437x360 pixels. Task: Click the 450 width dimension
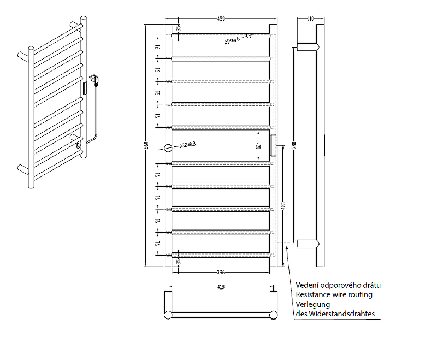221,19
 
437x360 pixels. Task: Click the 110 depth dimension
310,19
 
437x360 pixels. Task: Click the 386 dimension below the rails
221,271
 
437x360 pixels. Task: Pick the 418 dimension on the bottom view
221,287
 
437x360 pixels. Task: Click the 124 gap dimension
258,146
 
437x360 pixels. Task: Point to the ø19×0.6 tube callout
232,39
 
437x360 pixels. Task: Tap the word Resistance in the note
315,294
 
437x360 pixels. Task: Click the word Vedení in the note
308,285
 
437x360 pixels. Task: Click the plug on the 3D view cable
95,80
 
